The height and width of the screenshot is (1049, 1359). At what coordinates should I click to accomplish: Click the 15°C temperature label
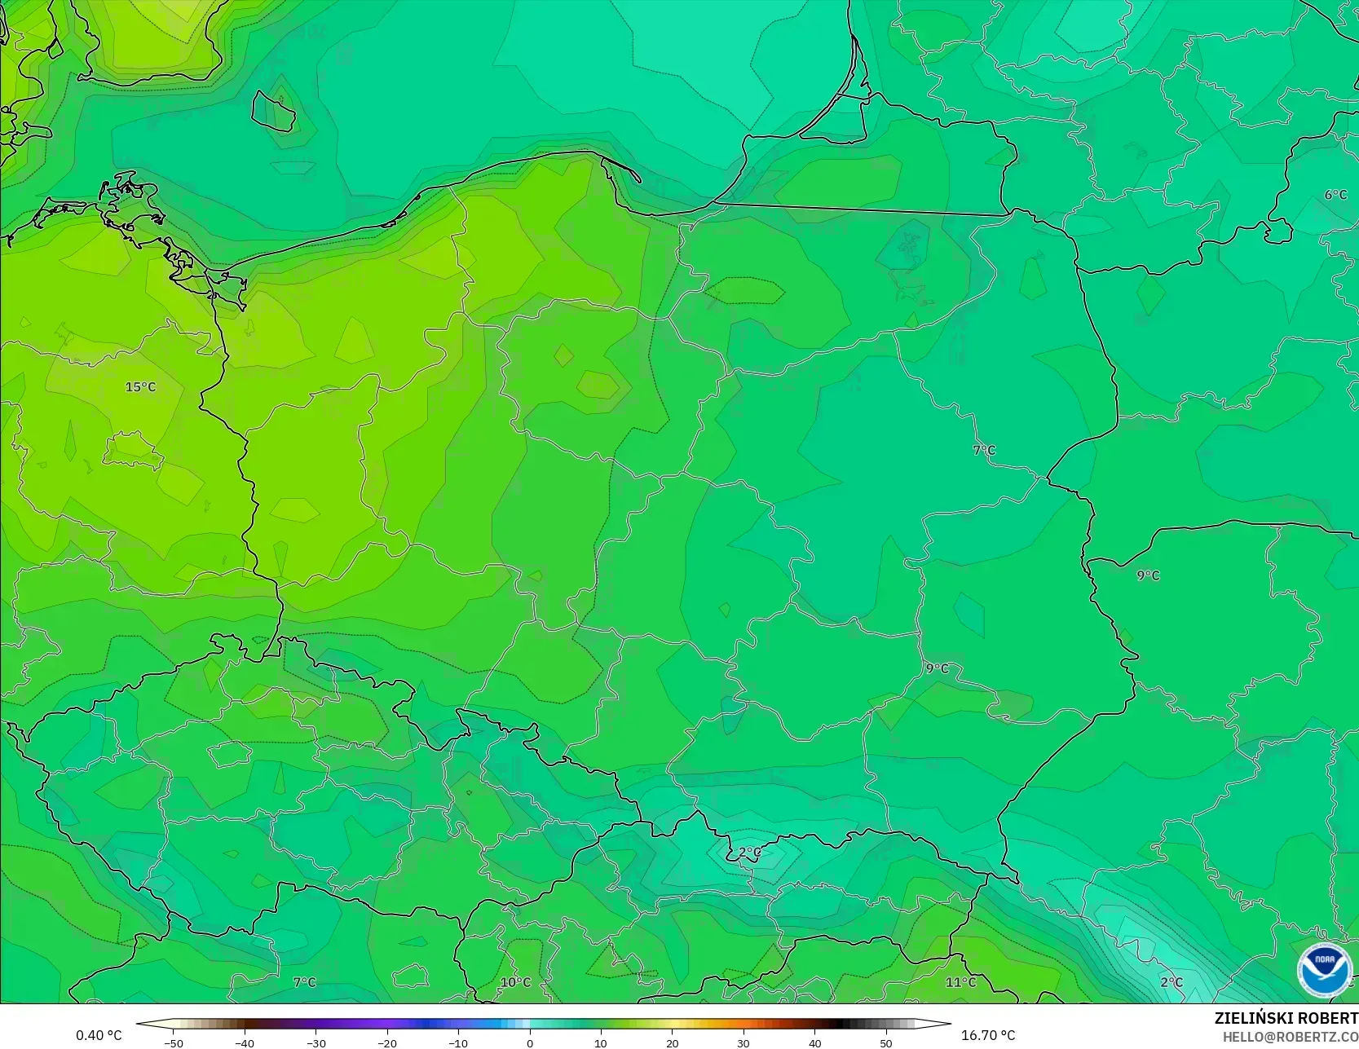point(140,387)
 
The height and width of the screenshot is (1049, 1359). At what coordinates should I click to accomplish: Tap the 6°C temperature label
point(1335,195)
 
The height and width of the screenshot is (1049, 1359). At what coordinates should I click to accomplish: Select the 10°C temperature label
point(515,982)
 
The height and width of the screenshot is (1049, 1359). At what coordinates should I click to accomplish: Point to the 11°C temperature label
point(960,982)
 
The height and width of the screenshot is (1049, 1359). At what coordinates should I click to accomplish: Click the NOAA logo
point(1324,970)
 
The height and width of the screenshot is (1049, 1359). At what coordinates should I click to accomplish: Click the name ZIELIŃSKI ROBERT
point(1286,1019)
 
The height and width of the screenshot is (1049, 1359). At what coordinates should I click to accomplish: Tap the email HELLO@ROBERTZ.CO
point(1290,1037)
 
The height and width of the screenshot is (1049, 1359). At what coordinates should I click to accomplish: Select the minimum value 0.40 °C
point(99,1035)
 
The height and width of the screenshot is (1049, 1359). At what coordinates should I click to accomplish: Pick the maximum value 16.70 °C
point(988,1035)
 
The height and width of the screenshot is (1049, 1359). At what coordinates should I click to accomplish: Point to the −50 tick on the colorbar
point(173,1043)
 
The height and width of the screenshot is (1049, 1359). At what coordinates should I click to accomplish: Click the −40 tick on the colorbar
point(244,1043)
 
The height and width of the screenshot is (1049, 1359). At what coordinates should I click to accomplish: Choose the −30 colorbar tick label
point(315,1043)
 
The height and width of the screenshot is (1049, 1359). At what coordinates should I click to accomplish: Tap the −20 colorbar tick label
point(386,1043)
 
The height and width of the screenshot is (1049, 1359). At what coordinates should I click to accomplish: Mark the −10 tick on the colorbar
point(458,1043)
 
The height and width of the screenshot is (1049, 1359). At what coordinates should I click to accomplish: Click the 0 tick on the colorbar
point(530,1043)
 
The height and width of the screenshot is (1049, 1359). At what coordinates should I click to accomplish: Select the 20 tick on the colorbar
point(672,1043)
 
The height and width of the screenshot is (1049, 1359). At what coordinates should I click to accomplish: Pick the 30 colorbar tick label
point(743,1043)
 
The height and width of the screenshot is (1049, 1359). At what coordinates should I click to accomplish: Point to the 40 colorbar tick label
point(814,1043)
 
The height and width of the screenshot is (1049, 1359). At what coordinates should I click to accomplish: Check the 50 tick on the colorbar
point(886,1043)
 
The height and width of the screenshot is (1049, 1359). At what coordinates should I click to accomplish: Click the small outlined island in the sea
point(274,111)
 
